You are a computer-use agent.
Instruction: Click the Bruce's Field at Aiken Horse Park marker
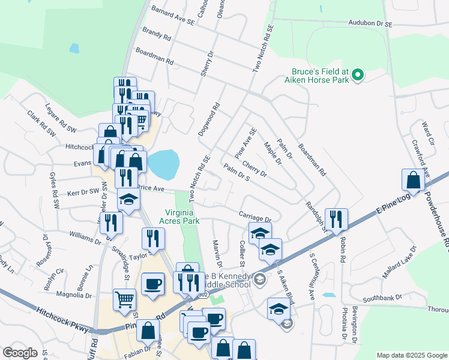click(x=358, y=75)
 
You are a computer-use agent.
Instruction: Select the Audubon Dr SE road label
click(x=370, y=24)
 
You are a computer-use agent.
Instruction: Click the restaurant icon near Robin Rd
click(x=336, y=220)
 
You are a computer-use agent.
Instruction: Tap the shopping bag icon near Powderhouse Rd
click(x=414, y=181)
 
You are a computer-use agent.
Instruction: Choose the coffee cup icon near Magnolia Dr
click(x=153, y=284)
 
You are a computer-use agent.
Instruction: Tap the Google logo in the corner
click(x=20, y=353)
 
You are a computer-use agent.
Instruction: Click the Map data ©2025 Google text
click(x=411, y=355)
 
